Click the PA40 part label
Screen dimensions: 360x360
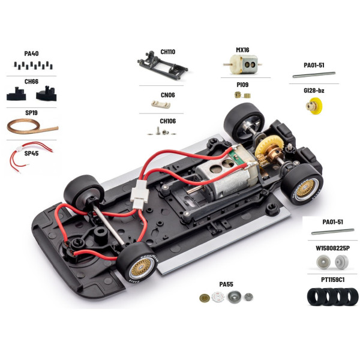(x=31, y=53)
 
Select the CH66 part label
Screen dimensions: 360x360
(x=31, y=80)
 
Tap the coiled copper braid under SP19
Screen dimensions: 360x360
(x=33, y=126)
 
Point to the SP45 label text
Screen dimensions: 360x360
(x=31, y=154)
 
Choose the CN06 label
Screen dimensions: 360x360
(x=167, y=94)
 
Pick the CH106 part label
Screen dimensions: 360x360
(x=167, y=121)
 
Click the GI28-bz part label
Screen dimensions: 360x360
(x=314, y=91)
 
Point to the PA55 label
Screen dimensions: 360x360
(x=227, y=283)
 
